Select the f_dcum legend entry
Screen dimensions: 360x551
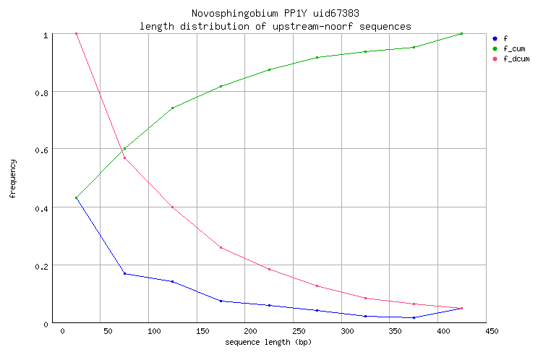tap(516, 59)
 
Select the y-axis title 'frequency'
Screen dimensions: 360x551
tap(13, 179)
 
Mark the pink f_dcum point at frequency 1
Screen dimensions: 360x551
tap(76, 33)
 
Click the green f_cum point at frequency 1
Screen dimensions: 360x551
tap(461, 33)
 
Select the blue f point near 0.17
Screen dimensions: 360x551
tap(124, 273)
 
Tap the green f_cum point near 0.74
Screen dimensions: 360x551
tap(172, 108)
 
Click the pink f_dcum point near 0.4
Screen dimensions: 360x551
tap(172, 207)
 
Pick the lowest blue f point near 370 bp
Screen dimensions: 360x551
tap(414, 317)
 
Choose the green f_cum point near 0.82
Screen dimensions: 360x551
tap(221, 86)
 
